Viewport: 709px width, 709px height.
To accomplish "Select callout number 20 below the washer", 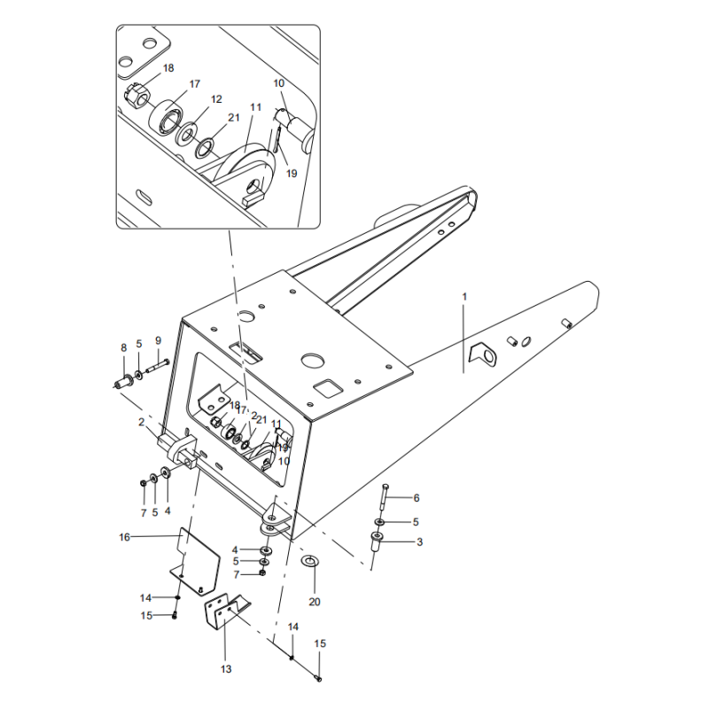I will pyautogui.click(x=315, y=602).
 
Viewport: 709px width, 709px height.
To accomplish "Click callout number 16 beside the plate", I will pyautogui.click(x=124, y=536).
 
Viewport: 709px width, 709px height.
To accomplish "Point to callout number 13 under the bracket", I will pyautogui.click(x=226, y=668).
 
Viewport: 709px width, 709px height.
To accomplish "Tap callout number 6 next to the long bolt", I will pyautogui.click(x=417, y=497).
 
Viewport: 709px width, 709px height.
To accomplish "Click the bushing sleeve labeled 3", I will pyautogui.click(x=376, y=548).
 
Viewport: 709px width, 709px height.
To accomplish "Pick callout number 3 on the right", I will pyautogui.click(x=419, y=541).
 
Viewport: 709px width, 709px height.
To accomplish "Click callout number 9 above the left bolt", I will pyautogui.click(x=158, y=340).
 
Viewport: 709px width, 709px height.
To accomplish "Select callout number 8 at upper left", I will pyautogui.click(x=125, y=347).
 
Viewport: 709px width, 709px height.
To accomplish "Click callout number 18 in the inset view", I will pyautogui.click(x=168, y=68).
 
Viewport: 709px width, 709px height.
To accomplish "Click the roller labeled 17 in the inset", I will pyautogui.click(x=166, y=116).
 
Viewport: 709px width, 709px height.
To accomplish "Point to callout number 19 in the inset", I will pyautogui.click(x=292, y=174).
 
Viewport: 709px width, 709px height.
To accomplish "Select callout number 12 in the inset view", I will pyautogui.click(x=216, y=99).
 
